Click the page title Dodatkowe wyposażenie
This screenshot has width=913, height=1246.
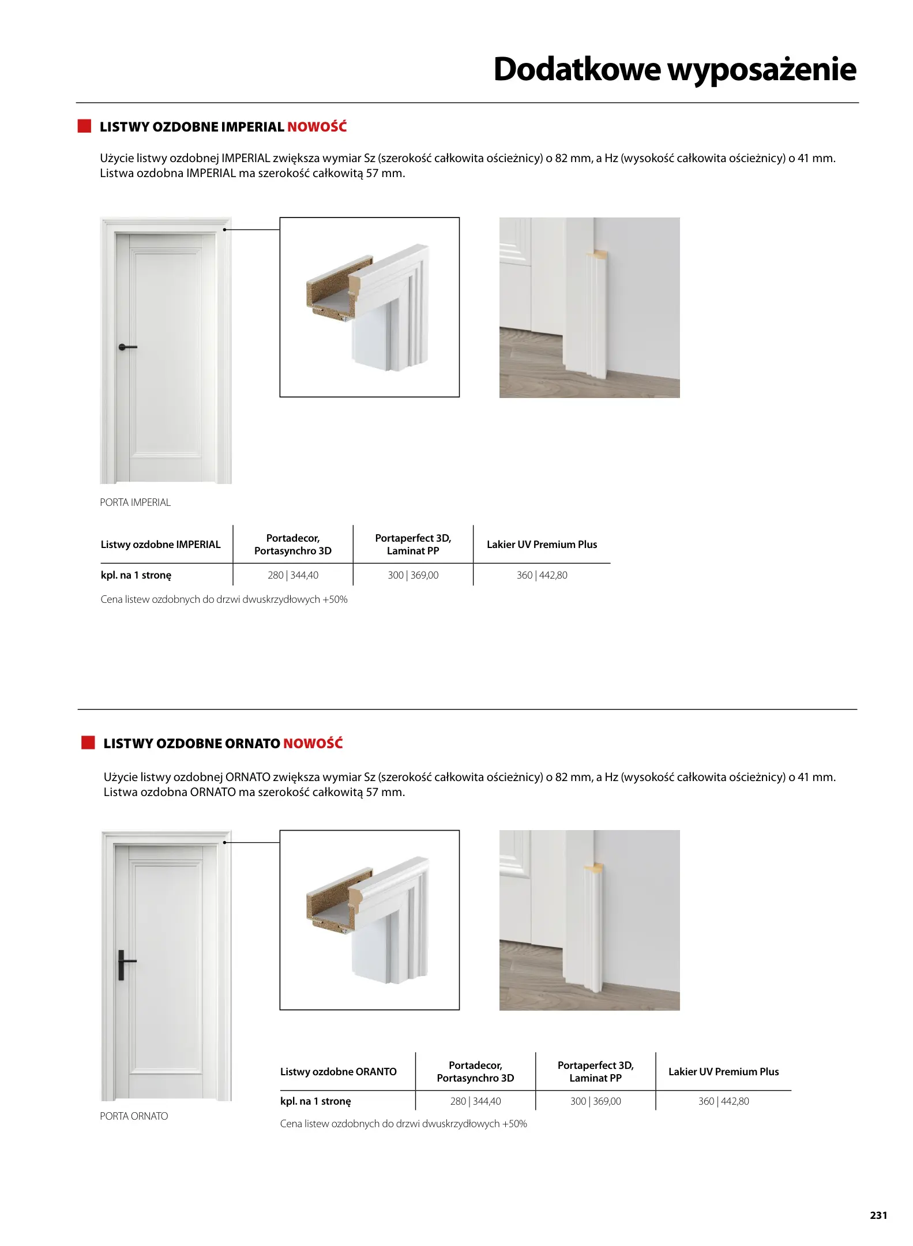[674, 69]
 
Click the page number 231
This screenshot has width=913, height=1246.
[878, 1214]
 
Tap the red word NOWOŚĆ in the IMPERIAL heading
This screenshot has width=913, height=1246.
[317, 127]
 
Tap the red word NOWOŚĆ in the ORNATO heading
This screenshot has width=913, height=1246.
[313, 743]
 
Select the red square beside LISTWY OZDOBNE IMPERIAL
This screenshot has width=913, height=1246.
[84, 126]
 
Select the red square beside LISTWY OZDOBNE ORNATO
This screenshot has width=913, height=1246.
[88, 742]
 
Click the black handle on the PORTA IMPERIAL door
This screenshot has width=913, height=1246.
[126, 347]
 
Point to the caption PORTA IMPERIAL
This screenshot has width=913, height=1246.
[135, 502]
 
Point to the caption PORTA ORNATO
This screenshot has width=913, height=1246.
[134, 1116]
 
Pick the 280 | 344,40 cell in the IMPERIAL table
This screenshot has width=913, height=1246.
[293, 575]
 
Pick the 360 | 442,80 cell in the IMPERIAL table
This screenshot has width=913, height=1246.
[542, 575]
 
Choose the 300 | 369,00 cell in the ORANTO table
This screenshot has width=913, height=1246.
[595, 1101]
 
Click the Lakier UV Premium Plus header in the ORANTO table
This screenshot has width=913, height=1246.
[723, 1071]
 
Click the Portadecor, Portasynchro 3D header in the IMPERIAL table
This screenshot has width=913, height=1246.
[293, 545]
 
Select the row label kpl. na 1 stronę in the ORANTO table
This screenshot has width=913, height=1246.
[315, 1101]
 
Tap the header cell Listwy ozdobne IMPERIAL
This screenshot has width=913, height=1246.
[160, 545]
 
